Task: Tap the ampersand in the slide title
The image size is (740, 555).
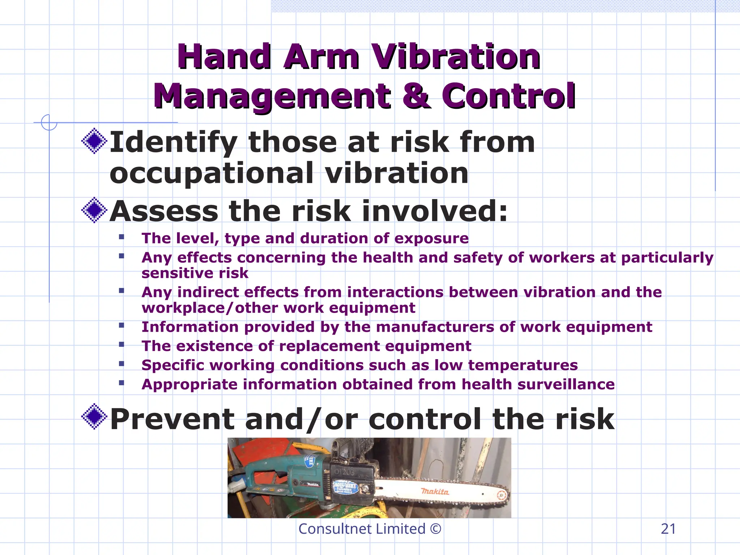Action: (416, 96)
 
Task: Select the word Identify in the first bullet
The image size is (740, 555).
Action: (173, 142)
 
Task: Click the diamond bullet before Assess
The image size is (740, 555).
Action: (94, 210)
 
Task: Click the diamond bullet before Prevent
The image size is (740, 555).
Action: (94, 417)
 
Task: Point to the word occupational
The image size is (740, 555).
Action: (211, 173)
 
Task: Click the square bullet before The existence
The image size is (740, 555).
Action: (121, 344)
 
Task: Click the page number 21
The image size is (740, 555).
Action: (668, 529)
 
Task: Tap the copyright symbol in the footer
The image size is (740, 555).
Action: (436, 529)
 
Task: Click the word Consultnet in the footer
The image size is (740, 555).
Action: (330, 529)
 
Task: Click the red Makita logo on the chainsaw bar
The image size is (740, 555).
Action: (435, 491)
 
